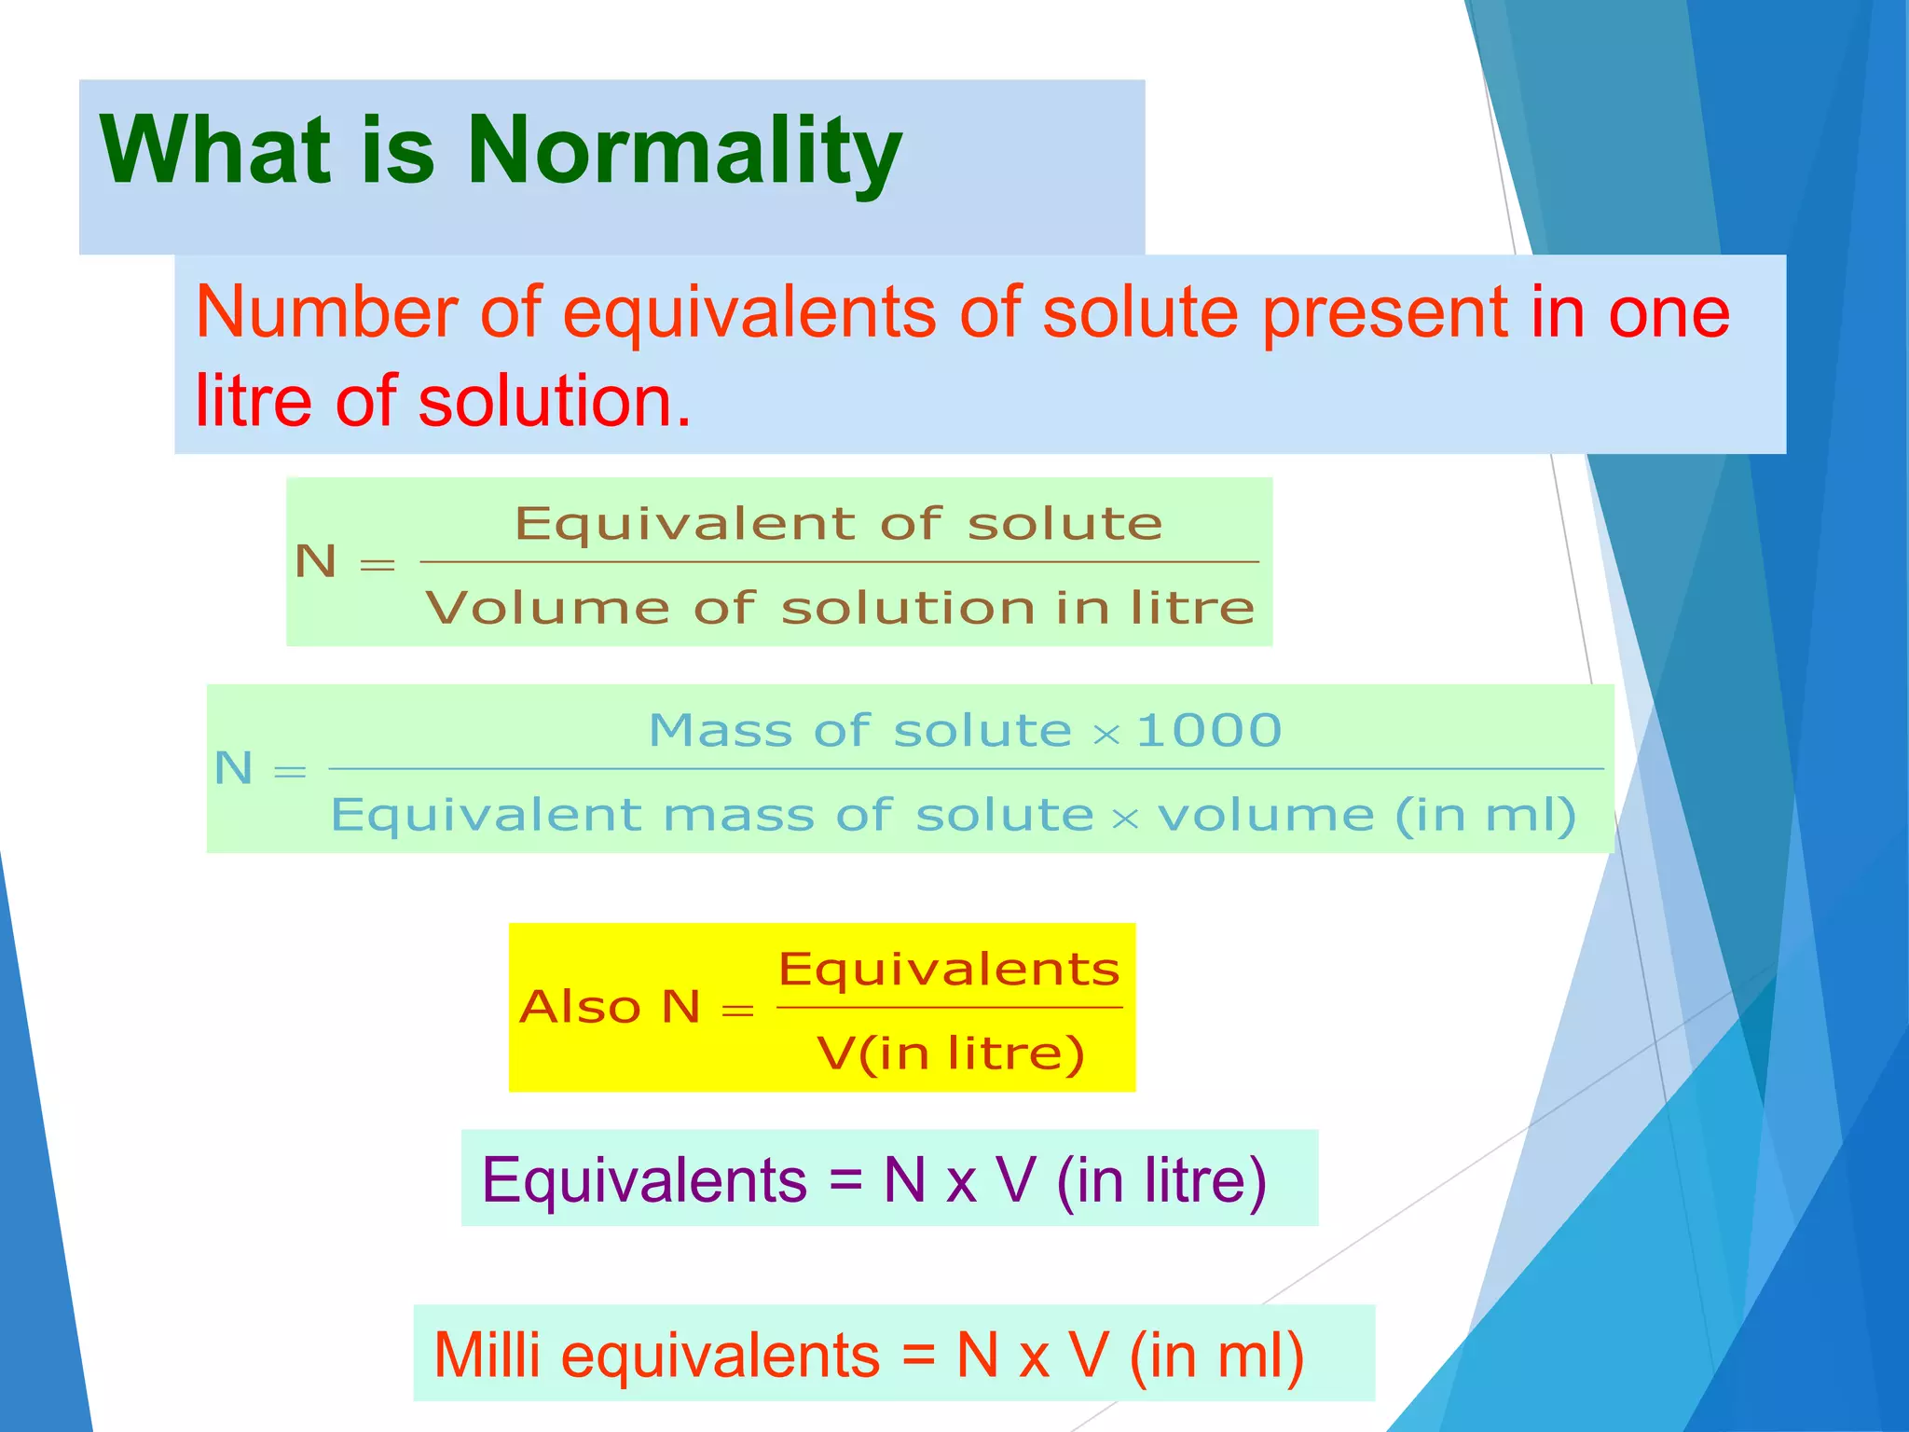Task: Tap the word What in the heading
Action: (x=216, y=151)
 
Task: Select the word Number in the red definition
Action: (x=326, y=312)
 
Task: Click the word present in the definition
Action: (x=1385, y=312)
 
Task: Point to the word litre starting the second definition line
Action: (x=253, y=401)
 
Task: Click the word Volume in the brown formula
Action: (x=547, y=608)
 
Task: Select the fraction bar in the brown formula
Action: (x=839, y=562)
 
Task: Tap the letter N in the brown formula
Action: (x=316, y=562)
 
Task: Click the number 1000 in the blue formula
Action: (x=1209, y=730)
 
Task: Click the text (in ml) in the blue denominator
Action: (x=1485, y=816)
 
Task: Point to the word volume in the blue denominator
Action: (x=1265, y=816)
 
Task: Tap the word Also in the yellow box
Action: (x=580, y=1007)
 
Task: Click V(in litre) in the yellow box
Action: (x=951, y=1053)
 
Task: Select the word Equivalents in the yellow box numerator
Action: (x=949, y=970)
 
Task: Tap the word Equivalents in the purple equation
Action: (x=644, y=1180)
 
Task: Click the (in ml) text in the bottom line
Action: (x=1216, y=1355)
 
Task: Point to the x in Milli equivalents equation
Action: (x=1034, y=1358)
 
